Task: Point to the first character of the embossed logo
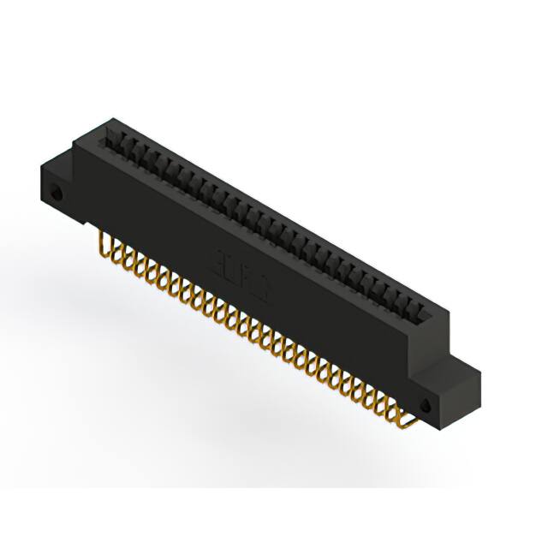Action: pyautogui.click(x=219, y=260)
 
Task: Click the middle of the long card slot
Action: pyautogui.click(x=265, y=214)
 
